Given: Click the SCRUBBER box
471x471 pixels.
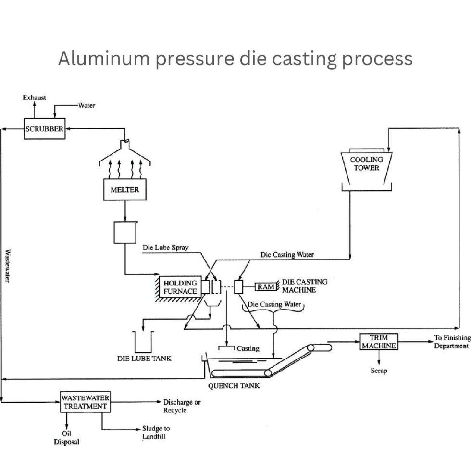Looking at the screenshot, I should point(44,129).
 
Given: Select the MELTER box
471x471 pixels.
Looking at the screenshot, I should point(124,190).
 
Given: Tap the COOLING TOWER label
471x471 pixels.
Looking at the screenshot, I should point(367,164).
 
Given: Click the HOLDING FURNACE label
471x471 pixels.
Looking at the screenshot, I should point(180,287).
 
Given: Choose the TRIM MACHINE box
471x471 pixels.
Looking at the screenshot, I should point(379,342).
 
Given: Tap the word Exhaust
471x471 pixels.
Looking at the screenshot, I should point(35,98).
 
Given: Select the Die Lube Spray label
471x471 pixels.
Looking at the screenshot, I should point(165,248).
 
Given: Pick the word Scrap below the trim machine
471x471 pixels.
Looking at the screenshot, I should point(379,371).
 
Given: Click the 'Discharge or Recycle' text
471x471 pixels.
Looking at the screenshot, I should point(181,406).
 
